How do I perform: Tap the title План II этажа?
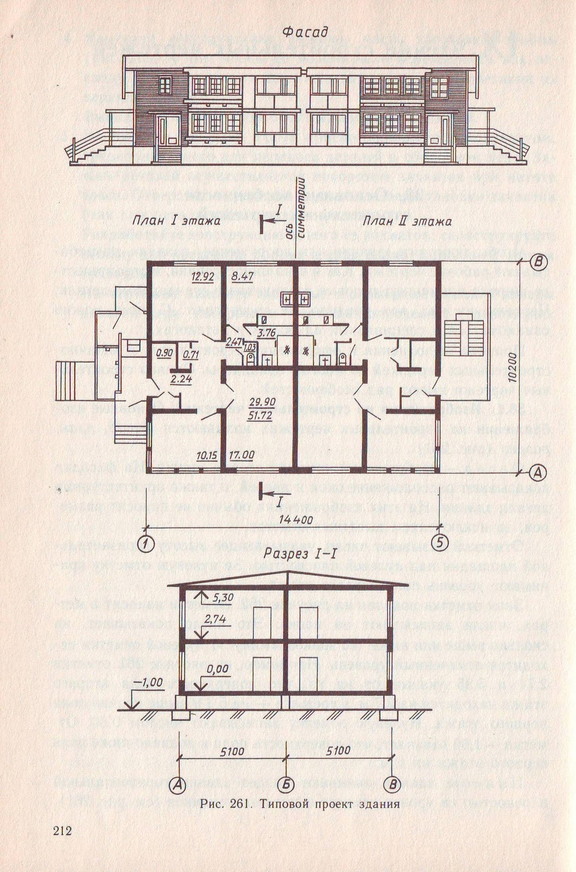point(407,221)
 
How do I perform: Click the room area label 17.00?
point(241,455)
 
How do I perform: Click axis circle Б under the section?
point(287,784)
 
